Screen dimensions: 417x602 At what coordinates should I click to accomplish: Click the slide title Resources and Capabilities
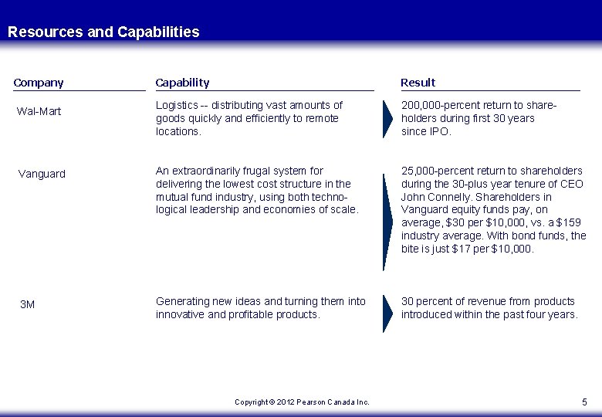[x=103, y=32]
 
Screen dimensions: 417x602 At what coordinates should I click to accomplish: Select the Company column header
[x=39, y=82]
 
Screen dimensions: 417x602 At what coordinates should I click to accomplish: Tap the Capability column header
[x=182, y=82]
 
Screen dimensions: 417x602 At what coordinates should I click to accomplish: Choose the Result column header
[x=418, y=82]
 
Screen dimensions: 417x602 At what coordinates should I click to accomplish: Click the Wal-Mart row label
[x=39, y=112]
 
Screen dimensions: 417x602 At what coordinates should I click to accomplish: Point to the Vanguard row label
[x=42, y=174]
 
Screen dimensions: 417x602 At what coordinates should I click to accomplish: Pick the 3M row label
[x=27, y=305]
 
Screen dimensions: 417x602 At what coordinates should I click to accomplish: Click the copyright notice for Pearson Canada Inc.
[x=302, y=402]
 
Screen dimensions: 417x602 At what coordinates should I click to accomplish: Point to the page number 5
[x=583, y=402]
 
